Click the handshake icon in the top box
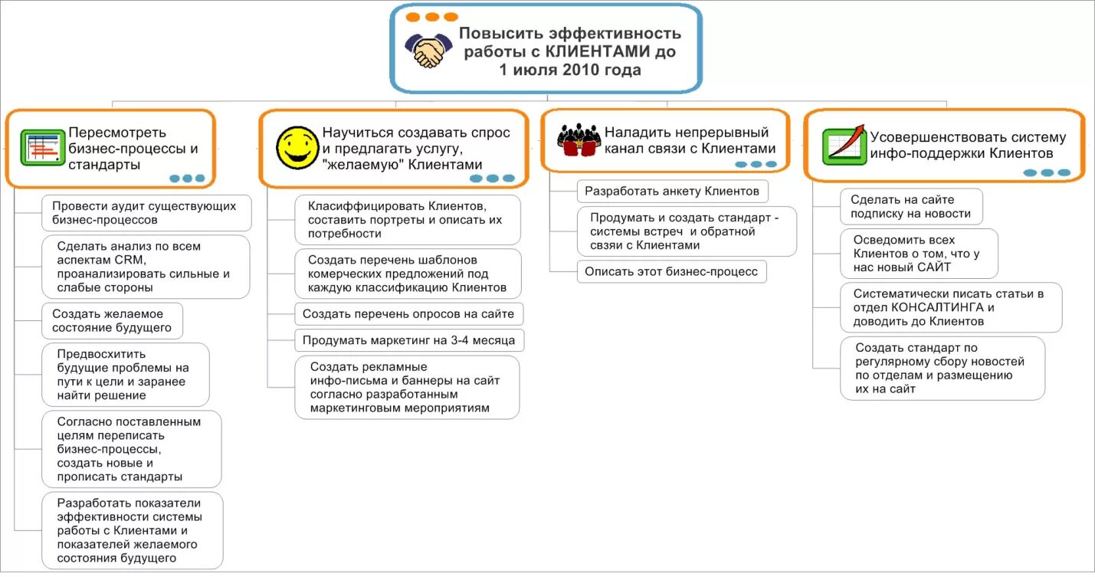coord(428,51)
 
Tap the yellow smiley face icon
coord(297,148)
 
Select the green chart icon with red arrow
coord(844,145)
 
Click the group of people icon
coord(578,140)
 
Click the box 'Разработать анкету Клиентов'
coord(672,191)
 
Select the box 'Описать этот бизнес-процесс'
coord(671,271)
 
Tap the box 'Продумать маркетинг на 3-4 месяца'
coord(409,340)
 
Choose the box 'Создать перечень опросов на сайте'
coord(409,313)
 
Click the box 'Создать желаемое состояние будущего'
coord(113,320)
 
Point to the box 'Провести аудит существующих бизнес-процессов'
coord(146,213)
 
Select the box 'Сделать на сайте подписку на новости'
coord(911,207)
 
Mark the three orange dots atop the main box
coord(431,17)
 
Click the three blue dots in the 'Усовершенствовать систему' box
coord(1047,172)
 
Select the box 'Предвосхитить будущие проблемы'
coord(125,375)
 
